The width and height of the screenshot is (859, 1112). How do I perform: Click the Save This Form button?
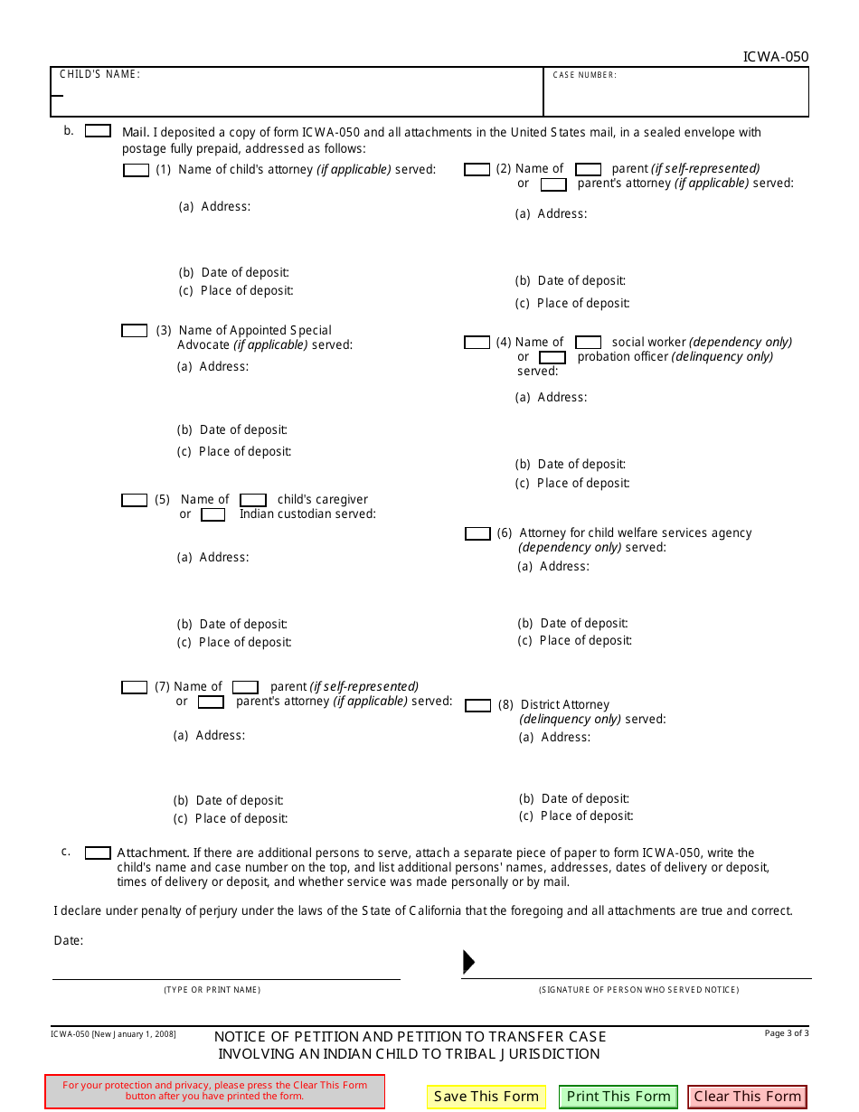click(x=486, y=1097)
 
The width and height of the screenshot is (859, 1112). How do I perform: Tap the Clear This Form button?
click(x=747, y=1097)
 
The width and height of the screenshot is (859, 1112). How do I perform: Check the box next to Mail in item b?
click(x=98, y=131)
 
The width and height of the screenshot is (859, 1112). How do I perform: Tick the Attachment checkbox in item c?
click(x=98, y=853)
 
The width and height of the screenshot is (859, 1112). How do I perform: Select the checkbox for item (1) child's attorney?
click(x=136, y=170)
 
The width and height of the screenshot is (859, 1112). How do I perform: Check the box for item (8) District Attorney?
click(x=477, y=705)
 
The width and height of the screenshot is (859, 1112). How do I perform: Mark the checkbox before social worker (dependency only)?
click(x=589, y=343)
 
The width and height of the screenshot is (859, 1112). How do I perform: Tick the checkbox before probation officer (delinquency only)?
click(x=552, y=357)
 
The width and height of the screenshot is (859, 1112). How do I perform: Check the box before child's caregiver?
click(x=253, y=500)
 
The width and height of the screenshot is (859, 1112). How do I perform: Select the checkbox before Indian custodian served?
click(x=213, y=515)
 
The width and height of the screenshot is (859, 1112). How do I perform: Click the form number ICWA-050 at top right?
click(x=775, y=57)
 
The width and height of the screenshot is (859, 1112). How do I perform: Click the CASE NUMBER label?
click(x=584, y=75)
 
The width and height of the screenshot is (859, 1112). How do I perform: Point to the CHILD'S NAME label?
click(x=99, y=74)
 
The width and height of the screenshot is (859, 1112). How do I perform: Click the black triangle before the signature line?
click(x=468, y=962)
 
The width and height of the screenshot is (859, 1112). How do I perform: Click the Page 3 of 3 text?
click(x=786, y=1033)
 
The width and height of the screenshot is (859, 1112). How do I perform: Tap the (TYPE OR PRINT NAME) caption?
click(x=212, y=990)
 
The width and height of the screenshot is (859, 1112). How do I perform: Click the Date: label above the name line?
click(x=69, y=940)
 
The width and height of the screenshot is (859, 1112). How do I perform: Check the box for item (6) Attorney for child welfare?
click(x=477, y=534)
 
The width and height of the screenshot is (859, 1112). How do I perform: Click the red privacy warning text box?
click(x=214, y=1090)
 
